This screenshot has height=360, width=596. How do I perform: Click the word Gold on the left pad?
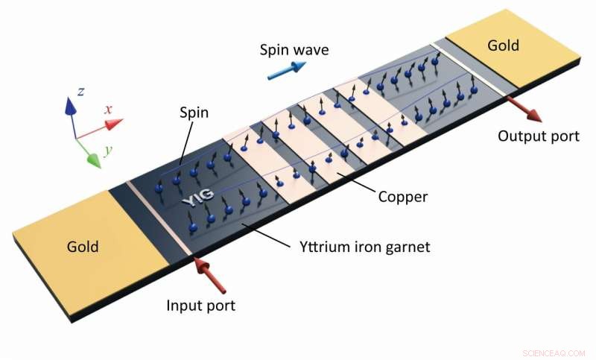pos(83,245)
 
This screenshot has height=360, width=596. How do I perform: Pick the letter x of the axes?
pos(108,110)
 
